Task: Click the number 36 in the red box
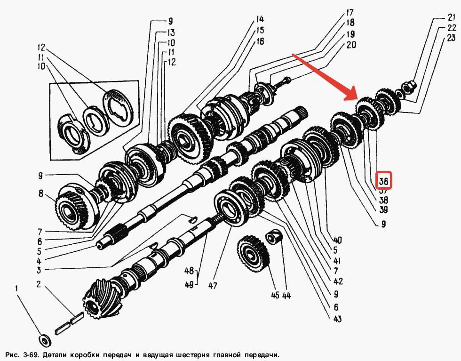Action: pyautogui.click(x=383, y=181)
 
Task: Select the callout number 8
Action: pyautogui.click(x=41, y=193)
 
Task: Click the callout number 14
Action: pyautogui.click(x=260, y=20)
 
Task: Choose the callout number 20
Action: pyautogui.click(x=351, y=45)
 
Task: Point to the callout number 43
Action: pyautogui.click(x=337, y=319)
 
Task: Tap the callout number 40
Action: pyautogui.click(x=337, y=240)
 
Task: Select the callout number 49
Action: pyautogui.click(x=189, y=285)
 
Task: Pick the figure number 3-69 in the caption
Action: pyautogui.click(x=31, y=354)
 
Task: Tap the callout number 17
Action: pyautogui.click(x=350, y=12)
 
